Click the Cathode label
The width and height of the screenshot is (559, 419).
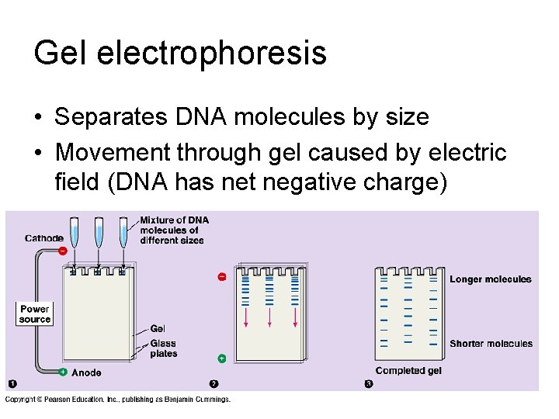coord(44,238)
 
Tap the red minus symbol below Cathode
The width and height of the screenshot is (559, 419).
coord(62,250)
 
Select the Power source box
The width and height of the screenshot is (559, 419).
coord(35,314)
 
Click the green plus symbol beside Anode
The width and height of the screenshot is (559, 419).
coord(62,372)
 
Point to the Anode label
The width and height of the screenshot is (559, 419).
coord(86,372)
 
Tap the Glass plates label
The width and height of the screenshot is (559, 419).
coord(163,348)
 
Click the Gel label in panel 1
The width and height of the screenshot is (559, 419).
coord(158,329)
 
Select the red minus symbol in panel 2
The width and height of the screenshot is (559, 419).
coord(221,276)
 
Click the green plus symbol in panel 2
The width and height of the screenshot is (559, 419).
coord(221,358)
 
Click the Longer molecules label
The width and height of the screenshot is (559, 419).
coord(491,279)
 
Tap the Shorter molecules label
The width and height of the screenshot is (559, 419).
coord(491,344)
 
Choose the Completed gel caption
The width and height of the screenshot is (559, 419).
coord(408,371)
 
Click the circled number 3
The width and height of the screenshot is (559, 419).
coord(369,384)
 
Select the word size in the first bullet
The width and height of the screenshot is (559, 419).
coord(409,117)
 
